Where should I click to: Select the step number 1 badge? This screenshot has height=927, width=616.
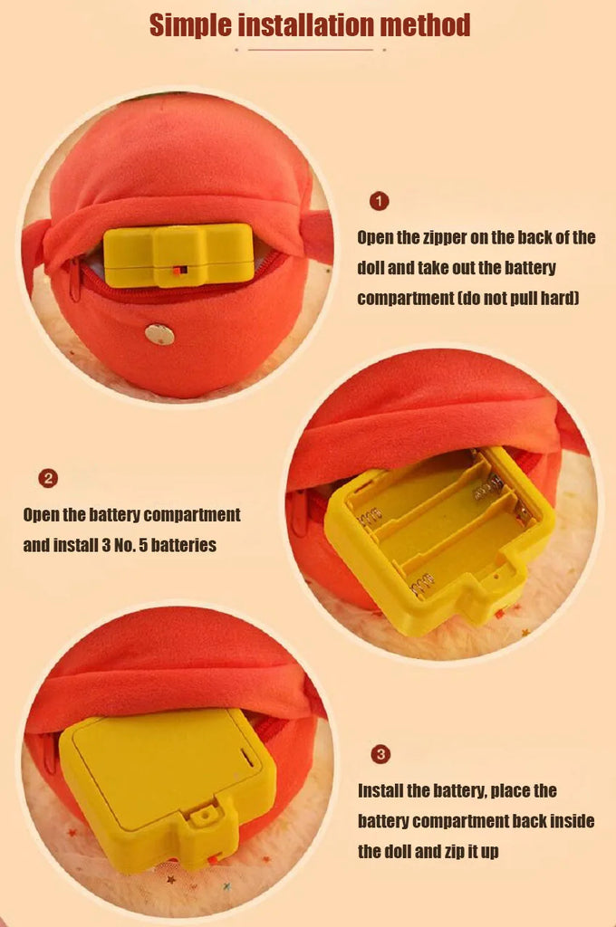(379, 201)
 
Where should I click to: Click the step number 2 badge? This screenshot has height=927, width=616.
(48, 478)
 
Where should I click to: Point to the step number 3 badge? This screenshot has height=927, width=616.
(380, 754)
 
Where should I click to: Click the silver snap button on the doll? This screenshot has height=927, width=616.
(159, 334)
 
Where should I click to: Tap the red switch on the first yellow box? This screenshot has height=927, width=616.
(180, 270)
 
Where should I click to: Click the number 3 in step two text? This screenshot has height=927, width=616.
(106, 544)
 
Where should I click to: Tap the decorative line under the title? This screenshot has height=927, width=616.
(310, 50)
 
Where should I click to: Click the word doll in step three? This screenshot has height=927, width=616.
(397, 852)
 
